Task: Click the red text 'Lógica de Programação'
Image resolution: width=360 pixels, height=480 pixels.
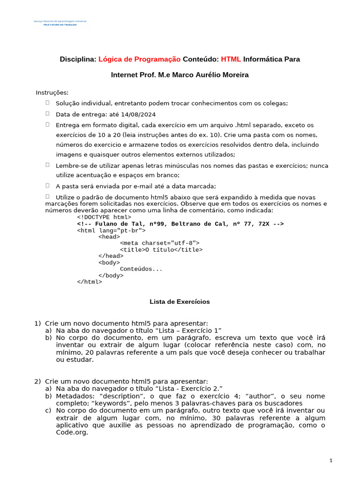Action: click(139, 59)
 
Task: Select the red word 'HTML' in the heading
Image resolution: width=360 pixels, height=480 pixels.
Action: click(231, 59)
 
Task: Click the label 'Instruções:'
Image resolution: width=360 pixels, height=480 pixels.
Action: click(52, 92)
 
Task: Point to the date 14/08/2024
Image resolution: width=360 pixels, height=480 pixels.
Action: click(138, 114)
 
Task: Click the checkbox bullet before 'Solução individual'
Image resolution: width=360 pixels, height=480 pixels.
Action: click(47, 103)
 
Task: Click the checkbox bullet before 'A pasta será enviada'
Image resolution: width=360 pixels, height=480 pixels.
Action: click(47, 185)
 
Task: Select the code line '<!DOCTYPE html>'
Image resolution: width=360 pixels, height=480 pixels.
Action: click(104, 217)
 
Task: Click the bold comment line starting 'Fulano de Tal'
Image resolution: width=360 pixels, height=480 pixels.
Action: click(180, 224)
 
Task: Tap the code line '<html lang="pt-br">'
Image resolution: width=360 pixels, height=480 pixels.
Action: click(111, 231)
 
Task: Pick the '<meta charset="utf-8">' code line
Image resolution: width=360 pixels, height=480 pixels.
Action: click(160, 243)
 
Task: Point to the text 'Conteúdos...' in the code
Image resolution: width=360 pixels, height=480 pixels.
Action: click(141, 269)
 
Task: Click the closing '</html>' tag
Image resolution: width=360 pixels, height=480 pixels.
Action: click(89, 282)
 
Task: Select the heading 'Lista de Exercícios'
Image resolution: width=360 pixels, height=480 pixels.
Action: click(180, 302)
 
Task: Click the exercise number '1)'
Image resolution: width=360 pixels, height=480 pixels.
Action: click(37, 323)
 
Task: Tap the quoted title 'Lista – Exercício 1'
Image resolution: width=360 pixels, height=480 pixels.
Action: click(183, 330)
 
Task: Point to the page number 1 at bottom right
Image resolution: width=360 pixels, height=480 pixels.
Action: click(330, 461)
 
